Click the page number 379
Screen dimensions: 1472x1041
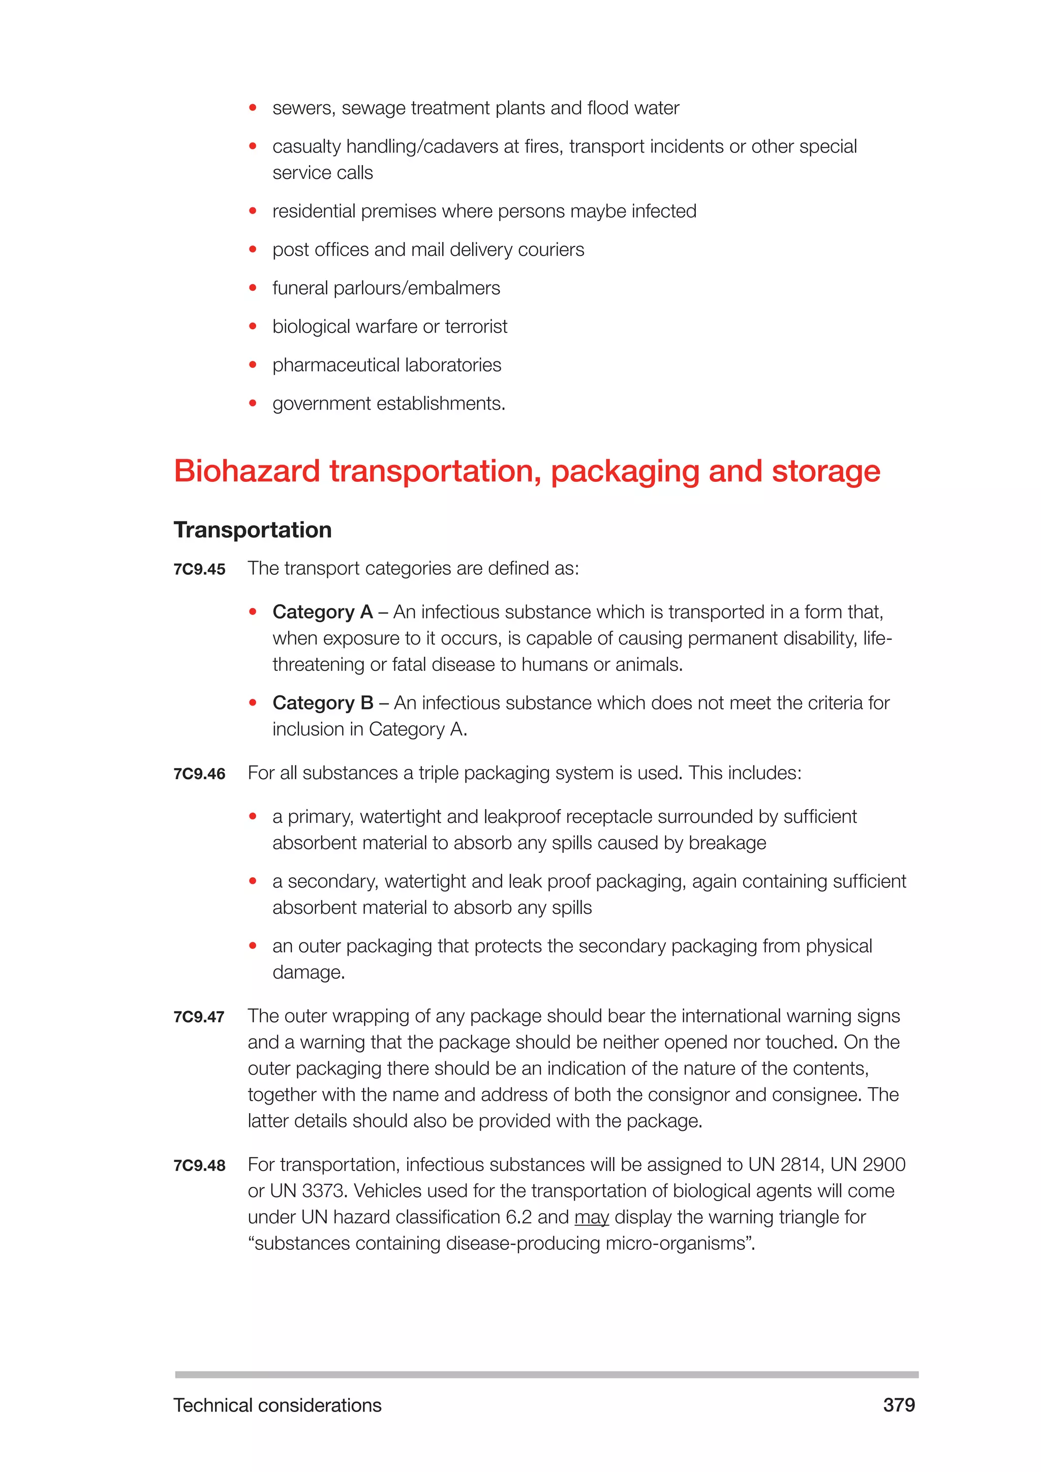(899, 1405)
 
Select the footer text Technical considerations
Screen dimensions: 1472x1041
(277, 1405)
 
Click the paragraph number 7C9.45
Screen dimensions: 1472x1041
(199, 569)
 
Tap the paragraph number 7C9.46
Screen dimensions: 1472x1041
(199, 774)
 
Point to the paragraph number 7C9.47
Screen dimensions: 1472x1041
(199, 1017)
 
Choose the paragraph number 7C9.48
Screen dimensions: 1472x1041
(199, 1166)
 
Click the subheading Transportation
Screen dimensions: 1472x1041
(253, 530)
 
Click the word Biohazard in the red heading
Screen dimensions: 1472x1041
(247, 471)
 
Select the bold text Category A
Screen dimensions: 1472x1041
(322, 612)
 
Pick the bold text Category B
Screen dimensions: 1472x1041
(322, 703)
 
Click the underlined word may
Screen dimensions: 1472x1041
(591, 1217)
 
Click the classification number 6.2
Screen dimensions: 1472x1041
(518, 1217)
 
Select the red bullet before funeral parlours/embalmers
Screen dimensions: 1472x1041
(253, 288)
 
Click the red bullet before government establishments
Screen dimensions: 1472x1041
(253, 403)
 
